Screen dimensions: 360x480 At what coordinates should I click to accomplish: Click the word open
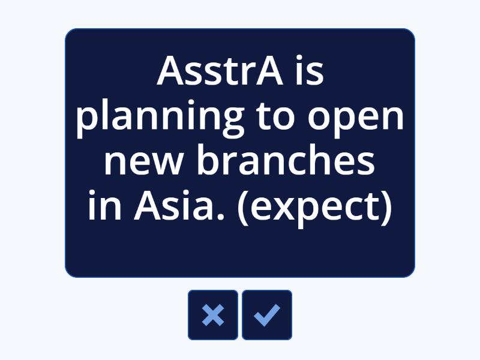[356, 118]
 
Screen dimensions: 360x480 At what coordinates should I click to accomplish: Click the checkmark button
[267, 315]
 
